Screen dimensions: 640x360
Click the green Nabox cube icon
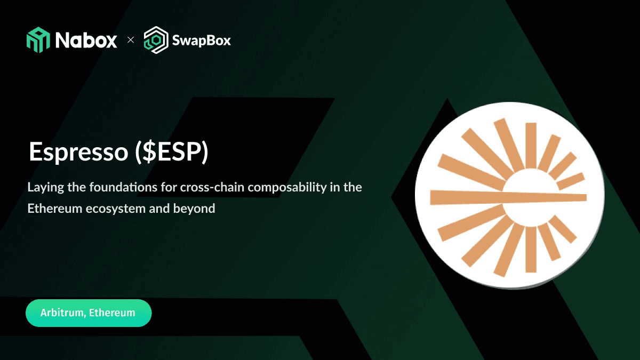click(38, 39)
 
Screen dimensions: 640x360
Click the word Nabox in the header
click(86, 41)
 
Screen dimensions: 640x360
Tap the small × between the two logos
click(131, 39)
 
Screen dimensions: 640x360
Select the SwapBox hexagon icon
click(156, 40)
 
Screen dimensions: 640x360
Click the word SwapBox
click(202, 41)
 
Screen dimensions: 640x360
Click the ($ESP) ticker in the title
click(172, 152)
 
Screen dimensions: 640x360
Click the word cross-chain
click(211, 187)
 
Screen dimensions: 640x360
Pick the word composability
click(287, 188)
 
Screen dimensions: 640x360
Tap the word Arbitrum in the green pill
click(63, 313)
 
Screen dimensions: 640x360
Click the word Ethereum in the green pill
click(111, 313)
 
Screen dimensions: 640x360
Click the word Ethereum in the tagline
click(55, 209)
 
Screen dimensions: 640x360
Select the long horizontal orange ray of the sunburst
click(508, 197)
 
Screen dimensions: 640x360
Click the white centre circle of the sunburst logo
click(531, 198)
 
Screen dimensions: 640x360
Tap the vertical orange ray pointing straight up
click(531, 146)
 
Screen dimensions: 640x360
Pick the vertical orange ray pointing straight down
click(531, 250)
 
